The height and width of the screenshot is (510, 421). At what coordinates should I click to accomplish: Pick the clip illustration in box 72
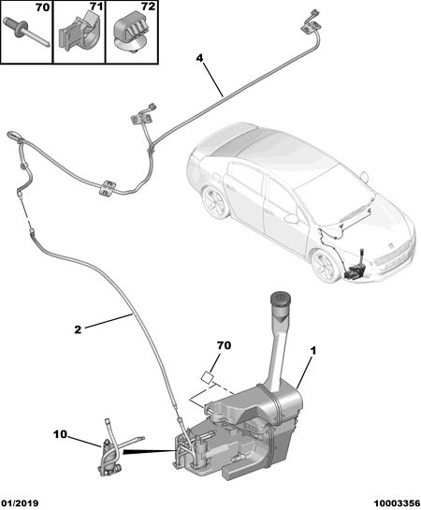coord(132,34)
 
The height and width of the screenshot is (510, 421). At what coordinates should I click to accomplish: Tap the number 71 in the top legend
coord(96,7)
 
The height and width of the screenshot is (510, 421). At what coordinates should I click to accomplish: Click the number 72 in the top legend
coord(148,7)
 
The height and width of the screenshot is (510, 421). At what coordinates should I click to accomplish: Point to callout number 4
coord(199,59)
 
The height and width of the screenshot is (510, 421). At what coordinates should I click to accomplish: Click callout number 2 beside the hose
coord(78,329)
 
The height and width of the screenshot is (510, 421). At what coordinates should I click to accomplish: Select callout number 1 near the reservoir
coord(313,351)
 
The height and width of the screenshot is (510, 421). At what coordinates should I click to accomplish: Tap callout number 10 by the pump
coord(60,434)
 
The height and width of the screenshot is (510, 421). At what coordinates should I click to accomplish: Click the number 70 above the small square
coord(224,345)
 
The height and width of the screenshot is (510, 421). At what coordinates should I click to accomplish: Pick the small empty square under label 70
coord(208,378)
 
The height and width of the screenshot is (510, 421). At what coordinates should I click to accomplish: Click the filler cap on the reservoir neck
coord(281,299)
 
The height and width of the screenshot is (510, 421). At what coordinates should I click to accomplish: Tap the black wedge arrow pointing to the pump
coord(149,451)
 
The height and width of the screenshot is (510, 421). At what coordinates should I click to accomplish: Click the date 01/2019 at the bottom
coord(20,503)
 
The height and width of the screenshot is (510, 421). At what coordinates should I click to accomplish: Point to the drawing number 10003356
coord(397,503)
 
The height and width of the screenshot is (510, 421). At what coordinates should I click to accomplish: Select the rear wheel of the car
coord(214,203)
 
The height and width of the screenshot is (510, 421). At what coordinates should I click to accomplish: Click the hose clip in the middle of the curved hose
coord(107,188)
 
